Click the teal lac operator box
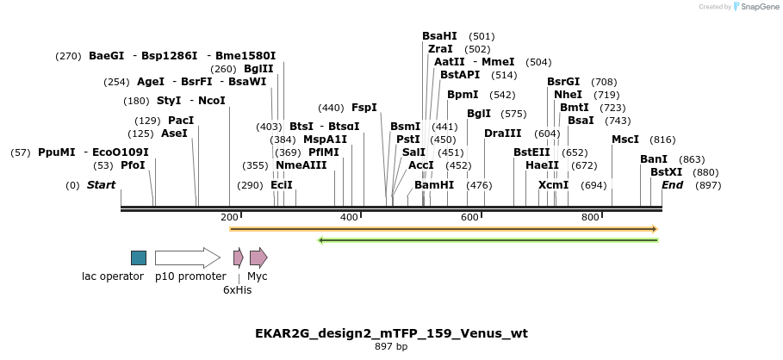[139, 258]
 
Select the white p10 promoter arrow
[187, 258]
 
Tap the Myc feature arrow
[258, 258]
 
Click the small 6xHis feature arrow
[239, 258]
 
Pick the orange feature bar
[444, 229]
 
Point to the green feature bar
[488, 240]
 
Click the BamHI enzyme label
[433, 185]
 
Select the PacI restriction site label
[181, 121]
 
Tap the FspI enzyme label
[364, 108]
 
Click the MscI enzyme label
[625, 140]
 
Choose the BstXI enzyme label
[666, 172]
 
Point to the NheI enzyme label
[568, 95]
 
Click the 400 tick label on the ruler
[349, 217]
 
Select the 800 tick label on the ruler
[590, 217]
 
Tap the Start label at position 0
[101, 185]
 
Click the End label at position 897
[672, 185]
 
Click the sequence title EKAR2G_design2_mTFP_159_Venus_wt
[391, 333]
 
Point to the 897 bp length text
[391, 347]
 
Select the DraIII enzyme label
[502, 133]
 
